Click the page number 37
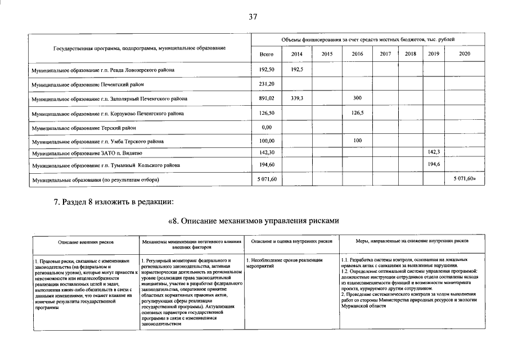pyautogui.click(x=253, y=17)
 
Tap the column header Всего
pyautogui.click(x=267, y=54)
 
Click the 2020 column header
pyautogui.click(x=465, y=54)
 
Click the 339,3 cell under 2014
pyautogui.click(x=297, y=98)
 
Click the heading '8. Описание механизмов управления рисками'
pyautogui.click(x=254, y=220)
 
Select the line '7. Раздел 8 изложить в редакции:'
pyautogui.click(x=114, y=202)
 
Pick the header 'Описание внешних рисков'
pyautogui.click(x=87, y=242)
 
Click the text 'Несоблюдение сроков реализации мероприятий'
pyautogui.click(x=285, y=263)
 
